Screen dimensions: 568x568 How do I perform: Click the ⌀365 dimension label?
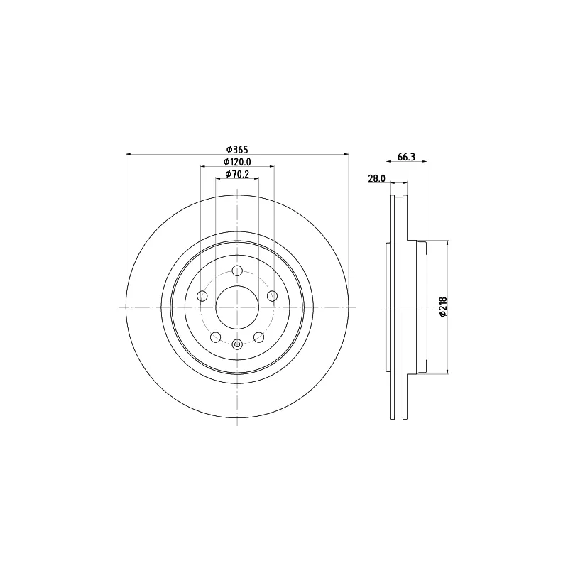(237, 149)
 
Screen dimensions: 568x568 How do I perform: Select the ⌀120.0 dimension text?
(237, 162)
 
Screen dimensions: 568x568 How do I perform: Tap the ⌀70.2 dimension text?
(237, 174)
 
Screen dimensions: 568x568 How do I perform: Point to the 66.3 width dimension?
(406, 157)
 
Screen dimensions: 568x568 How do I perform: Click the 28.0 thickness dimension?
(376, 178)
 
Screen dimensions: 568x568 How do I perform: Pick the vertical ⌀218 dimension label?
(443, 307)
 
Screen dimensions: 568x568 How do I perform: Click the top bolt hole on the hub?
(237, 271)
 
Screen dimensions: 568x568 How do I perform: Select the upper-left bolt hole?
(202, 296)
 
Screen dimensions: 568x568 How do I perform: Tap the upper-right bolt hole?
(272, 296)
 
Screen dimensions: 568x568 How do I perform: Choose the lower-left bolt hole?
(216, 337)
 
